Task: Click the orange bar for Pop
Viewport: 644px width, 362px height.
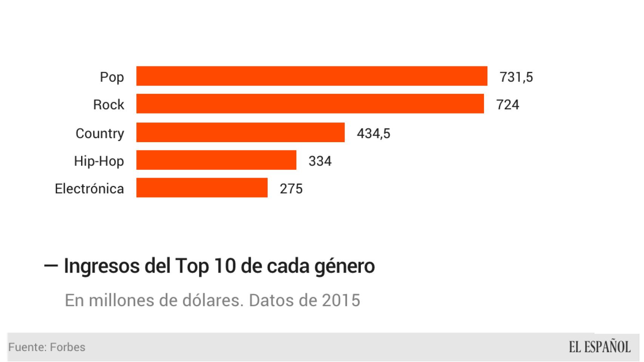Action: tap(311, 76)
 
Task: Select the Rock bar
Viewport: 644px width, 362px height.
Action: tap(310, 104)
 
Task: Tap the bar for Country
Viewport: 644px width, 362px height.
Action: tap(240, 132)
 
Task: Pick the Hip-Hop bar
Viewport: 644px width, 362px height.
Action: tap(216, 160)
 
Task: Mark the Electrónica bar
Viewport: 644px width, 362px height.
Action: tap(202, 188)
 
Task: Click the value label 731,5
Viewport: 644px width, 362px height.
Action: tap(516, 77)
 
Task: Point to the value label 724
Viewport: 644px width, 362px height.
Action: tap(507, 104)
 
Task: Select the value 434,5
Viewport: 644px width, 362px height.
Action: tap(373, 133)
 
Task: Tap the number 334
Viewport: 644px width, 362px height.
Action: tap(320, 161)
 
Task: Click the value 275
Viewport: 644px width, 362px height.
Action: tap(291, 189)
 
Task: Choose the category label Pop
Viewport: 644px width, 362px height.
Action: tap(112, 77)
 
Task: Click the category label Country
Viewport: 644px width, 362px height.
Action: tap(100, 133)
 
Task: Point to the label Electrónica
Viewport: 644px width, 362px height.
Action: tap(89, 189)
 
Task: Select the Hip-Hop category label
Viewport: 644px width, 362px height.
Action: tap(99, 161)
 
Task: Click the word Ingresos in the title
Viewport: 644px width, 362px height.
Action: tap(102, 266)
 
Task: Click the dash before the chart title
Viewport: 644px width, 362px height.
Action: tap(51, 265)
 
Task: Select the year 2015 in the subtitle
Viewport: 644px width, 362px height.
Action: tap(341, 301)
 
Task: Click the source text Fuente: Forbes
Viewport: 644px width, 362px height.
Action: tap(47, 347)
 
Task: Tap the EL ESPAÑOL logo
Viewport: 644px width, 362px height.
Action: tap(599, 347)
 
